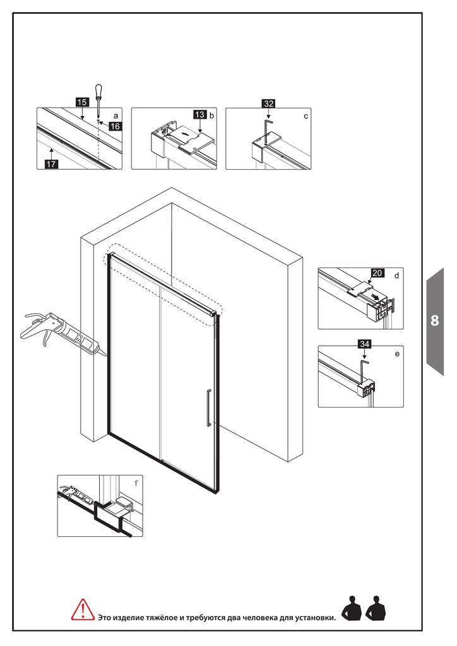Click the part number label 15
point(82,102)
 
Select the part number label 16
point(115,126)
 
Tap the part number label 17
point(51,164)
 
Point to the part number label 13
point(200,115)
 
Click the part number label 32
point(269,103)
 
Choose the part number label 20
point(377,273)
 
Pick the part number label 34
point(364,344)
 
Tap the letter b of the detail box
point(212,115)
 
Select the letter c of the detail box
point(306,116)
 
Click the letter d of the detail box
point(397,276)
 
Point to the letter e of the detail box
point(397,354)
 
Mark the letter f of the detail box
point(136,483)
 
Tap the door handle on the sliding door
point(209,407)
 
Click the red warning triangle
point(83,610)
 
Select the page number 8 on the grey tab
point(435,320)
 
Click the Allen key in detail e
point(364,370)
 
